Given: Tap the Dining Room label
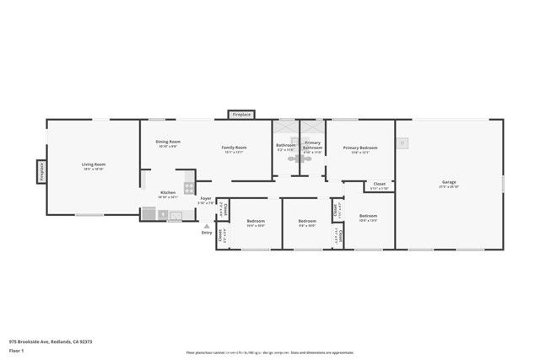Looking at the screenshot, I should coord(168,142).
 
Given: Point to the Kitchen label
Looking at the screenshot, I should coord(168,192).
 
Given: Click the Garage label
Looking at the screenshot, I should coord(449,181).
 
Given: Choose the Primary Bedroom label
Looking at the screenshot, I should coord(360,148).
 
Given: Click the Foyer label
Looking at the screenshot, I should coord(206,198).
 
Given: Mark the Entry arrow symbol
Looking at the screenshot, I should coord(207,226).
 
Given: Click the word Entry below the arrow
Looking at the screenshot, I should coord(207,233).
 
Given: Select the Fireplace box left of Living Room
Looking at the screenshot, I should coord(40,171).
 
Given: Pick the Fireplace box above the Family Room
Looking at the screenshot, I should coord(242,114).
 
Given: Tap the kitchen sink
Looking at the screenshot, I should coord(175,216).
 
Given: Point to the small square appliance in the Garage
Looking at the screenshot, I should coord(402,143).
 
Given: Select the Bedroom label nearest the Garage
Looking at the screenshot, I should coord(368,216).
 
